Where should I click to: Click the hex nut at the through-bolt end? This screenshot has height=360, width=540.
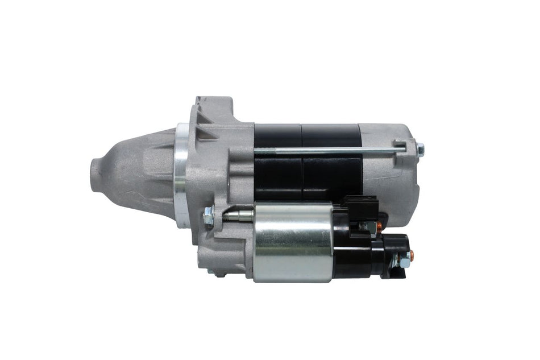coord(420,150)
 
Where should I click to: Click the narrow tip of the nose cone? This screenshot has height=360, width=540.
coord(95,171)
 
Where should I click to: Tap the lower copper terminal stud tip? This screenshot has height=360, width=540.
coord(412,256)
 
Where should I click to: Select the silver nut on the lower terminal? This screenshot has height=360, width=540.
coord(402,259)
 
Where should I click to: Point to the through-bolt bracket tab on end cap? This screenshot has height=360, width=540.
coord(399,146)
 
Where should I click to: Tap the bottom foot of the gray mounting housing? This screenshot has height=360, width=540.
coord(219,272)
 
